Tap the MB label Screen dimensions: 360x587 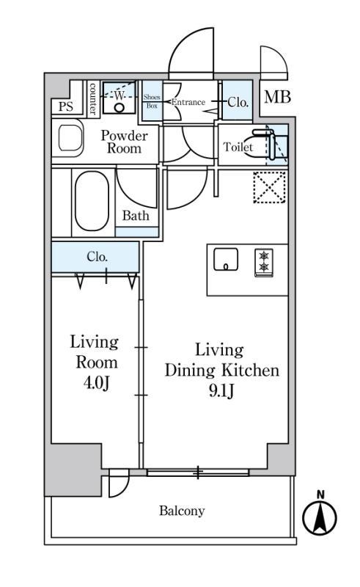click(x=277, y=97)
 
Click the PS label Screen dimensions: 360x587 click(x=66, y=106)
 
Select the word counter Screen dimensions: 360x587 click(x=93, y=99)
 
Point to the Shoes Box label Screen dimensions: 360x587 click(x=152, y=101)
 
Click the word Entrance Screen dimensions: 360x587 click(x=188, y=102)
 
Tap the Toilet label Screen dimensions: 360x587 click(x=238, y=147)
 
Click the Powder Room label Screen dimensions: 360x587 click(x=124, y=142)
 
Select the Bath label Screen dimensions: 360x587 click(x=136, y=216)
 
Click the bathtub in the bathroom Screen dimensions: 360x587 click(x=92, y=201)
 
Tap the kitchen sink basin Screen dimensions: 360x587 click(x=226, y=259)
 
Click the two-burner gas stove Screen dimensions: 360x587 click(x=264, y=263)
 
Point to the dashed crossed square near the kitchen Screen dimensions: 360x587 click(x=269, y=187)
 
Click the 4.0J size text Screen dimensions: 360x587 click(x=97, y=383)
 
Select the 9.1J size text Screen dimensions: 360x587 click(x=221, y=391)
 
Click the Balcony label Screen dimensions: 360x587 click(x=182, y=511)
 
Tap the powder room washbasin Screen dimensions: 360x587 click(x=70, y=138)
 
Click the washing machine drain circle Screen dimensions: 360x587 click(x=119, y=108)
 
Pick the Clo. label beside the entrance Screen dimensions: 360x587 click(x=238, y=102)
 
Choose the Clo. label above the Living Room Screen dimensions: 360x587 click(x=98, y=257)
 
